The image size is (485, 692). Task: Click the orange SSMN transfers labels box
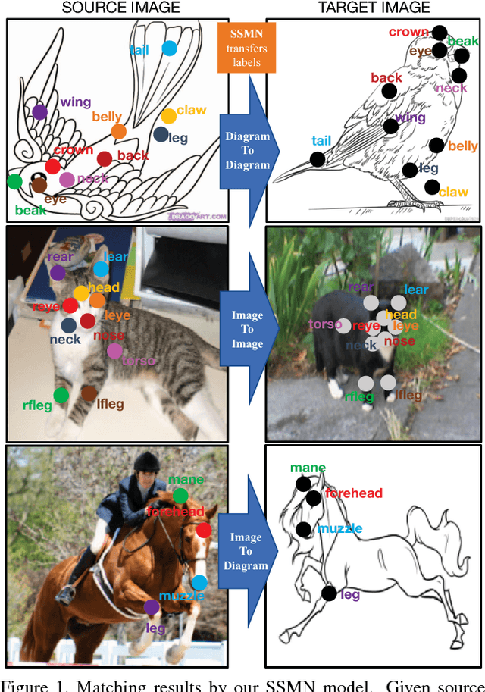point(243,47)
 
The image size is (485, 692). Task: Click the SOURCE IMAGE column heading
point(120,8)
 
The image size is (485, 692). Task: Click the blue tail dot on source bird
point(169,49)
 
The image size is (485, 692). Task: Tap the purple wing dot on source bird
point(39,112)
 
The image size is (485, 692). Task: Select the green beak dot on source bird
point(14,181)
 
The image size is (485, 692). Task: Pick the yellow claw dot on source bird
point(168,115)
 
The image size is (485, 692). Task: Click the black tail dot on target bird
point(317,159)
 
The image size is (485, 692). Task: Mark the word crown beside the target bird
point(408,32)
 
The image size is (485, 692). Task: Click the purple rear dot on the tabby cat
point(58,273)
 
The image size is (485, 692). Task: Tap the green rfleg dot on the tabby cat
point(61,394)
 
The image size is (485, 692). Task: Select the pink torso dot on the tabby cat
point(114,350)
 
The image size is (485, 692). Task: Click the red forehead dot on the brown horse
point(202,530)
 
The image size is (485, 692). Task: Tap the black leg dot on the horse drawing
point(328,593)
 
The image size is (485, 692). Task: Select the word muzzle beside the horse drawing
point(340,528)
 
